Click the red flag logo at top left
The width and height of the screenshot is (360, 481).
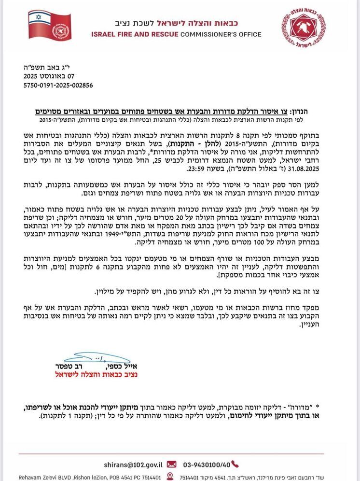[x=49, y=25]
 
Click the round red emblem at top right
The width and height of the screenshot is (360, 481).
[x=304, y=28]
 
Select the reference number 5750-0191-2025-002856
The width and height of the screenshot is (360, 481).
[x=58, y=85]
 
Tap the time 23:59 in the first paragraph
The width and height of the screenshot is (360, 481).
[x=196, y=170]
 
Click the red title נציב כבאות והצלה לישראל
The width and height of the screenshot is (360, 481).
[x=96, y=374]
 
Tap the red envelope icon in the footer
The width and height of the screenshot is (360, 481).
[x=171, y=464]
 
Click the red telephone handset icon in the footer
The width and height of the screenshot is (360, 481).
[x=235, y=464]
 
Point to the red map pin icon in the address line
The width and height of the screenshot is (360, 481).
[x=170, y=477]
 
